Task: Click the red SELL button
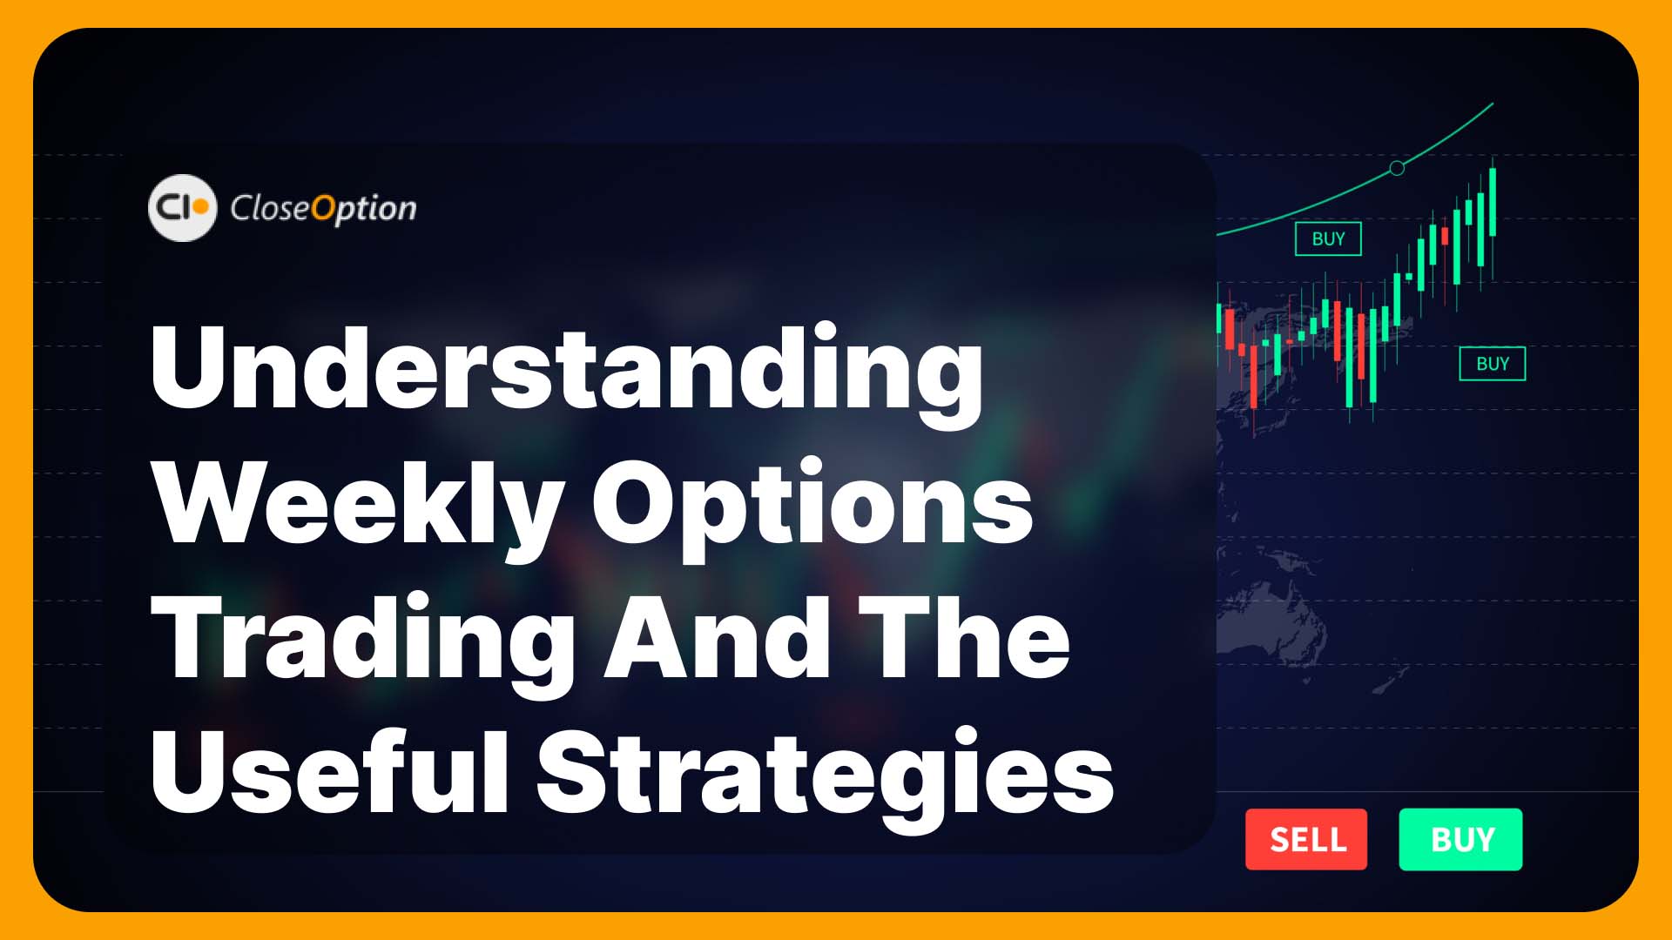pos(1306,839)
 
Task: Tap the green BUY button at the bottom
pos(1460,839)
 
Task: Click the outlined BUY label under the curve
pos(1328,238)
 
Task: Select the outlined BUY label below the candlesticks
pos(1492,364)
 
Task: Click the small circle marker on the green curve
pos(1397,168)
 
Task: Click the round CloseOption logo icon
pos(182,208)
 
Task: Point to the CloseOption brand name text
pos(323,209)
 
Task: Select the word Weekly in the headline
pos(356,506)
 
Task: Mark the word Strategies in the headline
pos(825,777)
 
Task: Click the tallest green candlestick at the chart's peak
pos(1493,203)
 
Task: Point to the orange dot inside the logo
pos(200,208)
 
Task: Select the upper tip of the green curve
pos(1493,104)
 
